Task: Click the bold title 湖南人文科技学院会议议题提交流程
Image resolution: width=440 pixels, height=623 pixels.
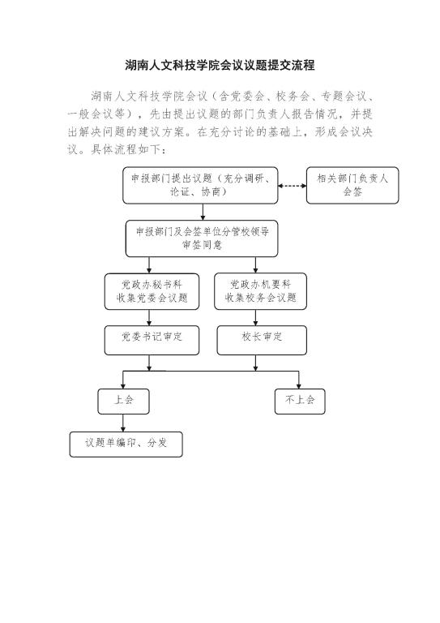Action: pos(220,65)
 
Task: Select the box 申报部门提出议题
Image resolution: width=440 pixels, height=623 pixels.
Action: pos(200,186)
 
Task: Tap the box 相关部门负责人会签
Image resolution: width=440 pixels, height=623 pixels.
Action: pos(352,186)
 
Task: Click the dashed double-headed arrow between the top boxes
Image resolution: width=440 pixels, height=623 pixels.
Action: pos(292,186)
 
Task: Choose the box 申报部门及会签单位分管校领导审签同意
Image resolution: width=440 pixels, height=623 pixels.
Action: pos(202,238)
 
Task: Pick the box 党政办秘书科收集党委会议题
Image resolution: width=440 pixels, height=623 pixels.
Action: pos(152,291)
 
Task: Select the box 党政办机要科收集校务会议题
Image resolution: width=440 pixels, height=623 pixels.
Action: pos(260,291)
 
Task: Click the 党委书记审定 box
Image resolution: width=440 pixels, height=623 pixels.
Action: pos(152,340)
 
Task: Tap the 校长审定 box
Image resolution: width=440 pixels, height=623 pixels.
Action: pos(262,340)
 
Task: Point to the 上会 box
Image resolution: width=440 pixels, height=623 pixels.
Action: pos(123,402)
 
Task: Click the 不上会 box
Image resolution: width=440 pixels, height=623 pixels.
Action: pos(300,402)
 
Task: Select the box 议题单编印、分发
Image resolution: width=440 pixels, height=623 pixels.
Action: pos(126,445)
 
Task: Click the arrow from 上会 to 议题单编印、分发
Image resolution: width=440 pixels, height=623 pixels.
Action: pos(123,423)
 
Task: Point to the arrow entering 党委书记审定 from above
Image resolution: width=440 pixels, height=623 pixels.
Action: pos(149,318)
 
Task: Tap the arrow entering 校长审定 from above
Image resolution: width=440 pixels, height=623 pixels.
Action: pos(255,318)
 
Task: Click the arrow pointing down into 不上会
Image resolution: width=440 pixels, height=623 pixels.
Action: pos(299,380)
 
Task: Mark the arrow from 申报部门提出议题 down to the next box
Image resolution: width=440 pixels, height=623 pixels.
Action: pos(203,213)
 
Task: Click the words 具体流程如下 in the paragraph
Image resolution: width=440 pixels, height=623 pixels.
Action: pos(126,149)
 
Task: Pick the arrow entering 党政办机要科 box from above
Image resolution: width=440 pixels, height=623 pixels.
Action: pos(255,265)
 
